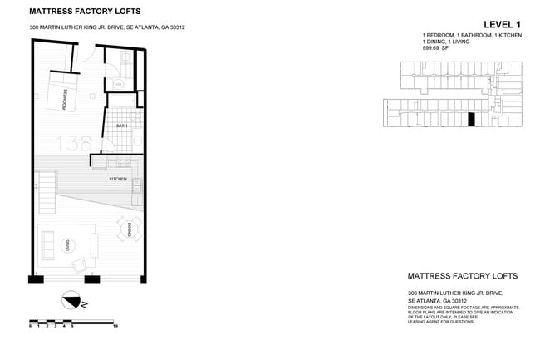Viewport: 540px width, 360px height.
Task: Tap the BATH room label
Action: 121,126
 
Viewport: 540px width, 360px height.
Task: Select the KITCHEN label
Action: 117,179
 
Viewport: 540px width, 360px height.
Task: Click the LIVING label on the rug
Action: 70,244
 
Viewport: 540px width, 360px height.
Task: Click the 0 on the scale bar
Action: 31,327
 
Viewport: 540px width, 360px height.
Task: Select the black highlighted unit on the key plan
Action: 472,120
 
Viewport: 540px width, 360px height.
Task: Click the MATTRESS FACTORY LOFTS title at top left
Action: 85,12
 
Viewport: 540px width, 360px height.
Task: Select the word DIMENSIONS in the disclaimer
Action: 421,308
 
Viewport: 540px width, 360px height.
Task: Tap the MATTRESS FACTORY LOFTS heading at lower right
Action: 463,276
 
